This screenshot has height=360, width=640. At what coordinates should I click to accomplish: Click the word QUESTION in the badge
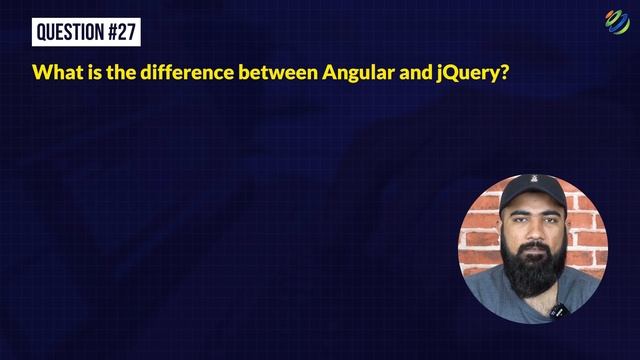70,32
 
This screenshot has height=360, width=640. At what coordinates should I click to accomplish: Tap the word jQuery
468,74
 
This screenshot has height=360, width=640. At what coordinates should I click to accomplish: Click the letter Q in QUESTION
42,32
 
